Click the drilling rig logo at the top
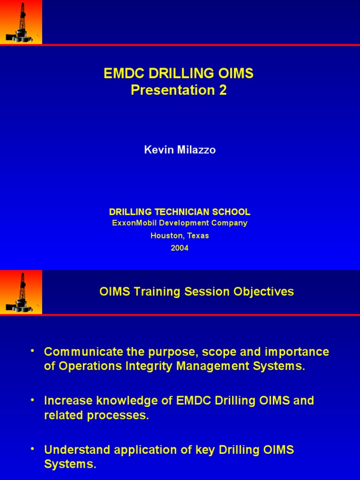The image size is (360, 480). (21, 22)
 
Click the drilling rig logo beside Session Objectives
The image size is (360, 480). (21, 292)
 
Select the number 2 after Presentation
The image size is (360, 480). (223, 90)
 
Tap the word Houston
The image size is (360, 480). (165, 236)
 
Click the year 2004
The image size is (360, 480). (180, 248)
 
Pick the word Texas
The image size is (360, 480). (198, 236)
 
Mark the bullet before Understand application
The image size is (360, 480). (32, 449)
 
